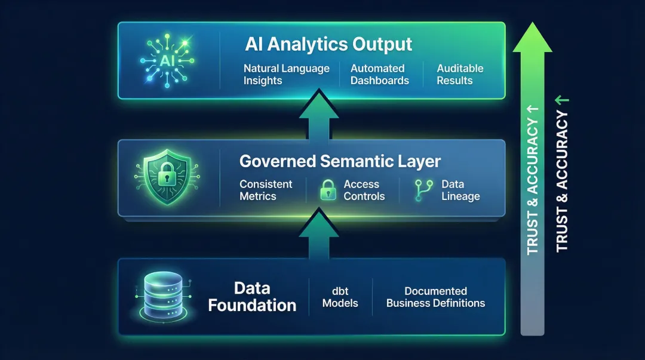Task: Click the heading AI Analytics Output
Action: point(328,45)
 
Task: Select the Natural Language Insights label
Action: point(286,75)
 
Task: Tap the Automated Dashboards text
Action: point(379,75)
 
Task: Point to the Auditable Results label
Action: point(460,75)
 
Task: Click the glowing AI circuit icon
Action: point(168,60)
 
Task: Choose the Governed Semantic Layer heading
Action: point(340,161)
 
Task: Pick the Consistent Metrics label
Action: point(266,190)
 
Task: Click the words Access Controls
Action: point(364,190)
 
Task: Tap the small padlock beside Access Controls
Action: point(328,190)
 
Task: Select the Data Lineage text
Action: point(460,190)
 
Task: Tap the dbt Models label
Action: point(340,297)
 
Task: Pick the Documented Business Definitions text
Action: point(435,297)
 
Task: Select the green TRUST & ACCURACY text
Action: point(562,173)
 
